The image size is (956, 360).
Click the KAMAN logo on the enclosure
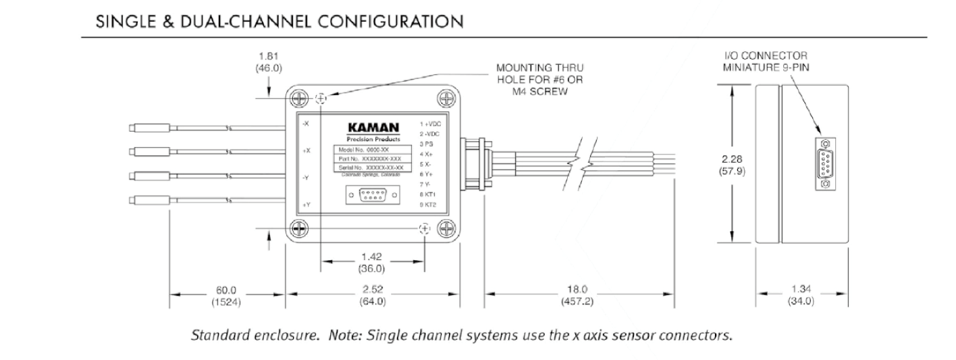(373, 127)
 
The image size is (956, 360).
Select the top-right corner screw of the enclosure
(446, 98)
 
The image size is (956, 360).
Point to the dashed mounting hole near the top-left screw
(321, 99)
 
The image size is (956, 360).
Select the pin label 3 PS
(426, 144)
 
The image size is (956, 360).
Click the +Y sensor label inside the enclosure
(307, 204)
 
